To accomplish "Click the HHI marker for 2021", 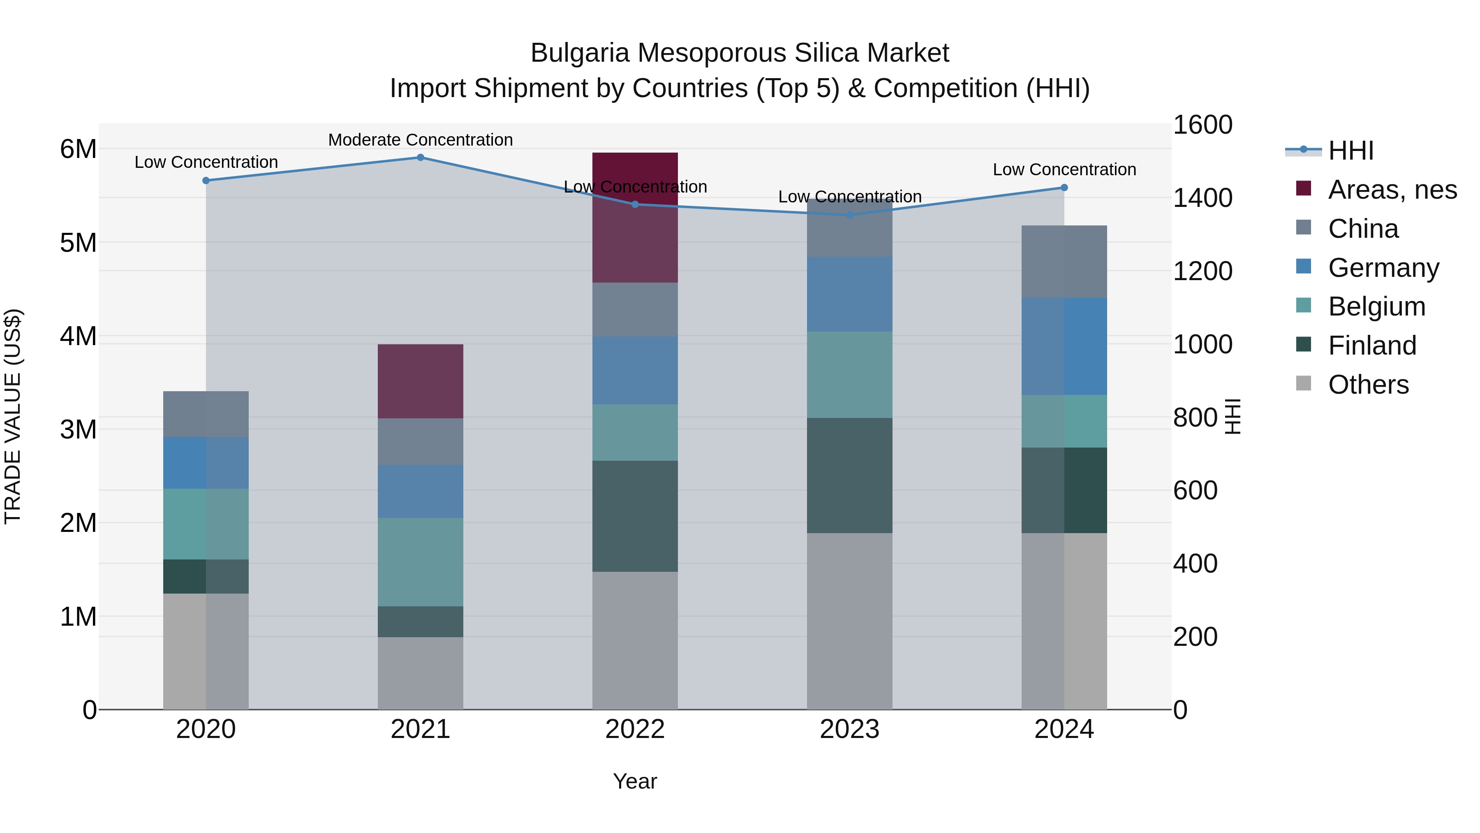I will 420,158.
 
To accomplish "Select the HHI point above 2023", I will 850,215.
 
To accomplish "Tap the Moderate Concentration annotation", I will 420,140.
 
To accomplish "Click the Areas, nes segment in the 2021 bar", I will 420,381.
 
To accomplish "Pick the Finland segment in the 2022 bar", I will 635,516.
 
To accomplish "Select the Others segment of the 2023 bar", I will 849,621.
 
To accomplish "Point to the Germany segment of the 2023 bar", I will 849,294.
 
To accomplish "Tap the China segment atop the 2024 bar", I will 1064,262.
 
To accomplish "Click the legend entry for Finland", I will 1372,346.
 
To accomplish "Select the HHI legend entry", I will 1350,151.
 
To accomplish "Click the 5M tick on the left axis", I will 78,243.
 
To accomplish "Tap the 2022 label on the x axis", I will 635,729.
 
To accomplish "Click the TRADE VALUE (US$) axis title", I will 13,416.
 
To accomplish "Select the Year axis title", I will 635,781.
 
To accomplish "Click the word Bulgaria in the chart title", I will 580,53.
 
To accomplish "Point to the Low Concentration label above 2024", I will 1064,169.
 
